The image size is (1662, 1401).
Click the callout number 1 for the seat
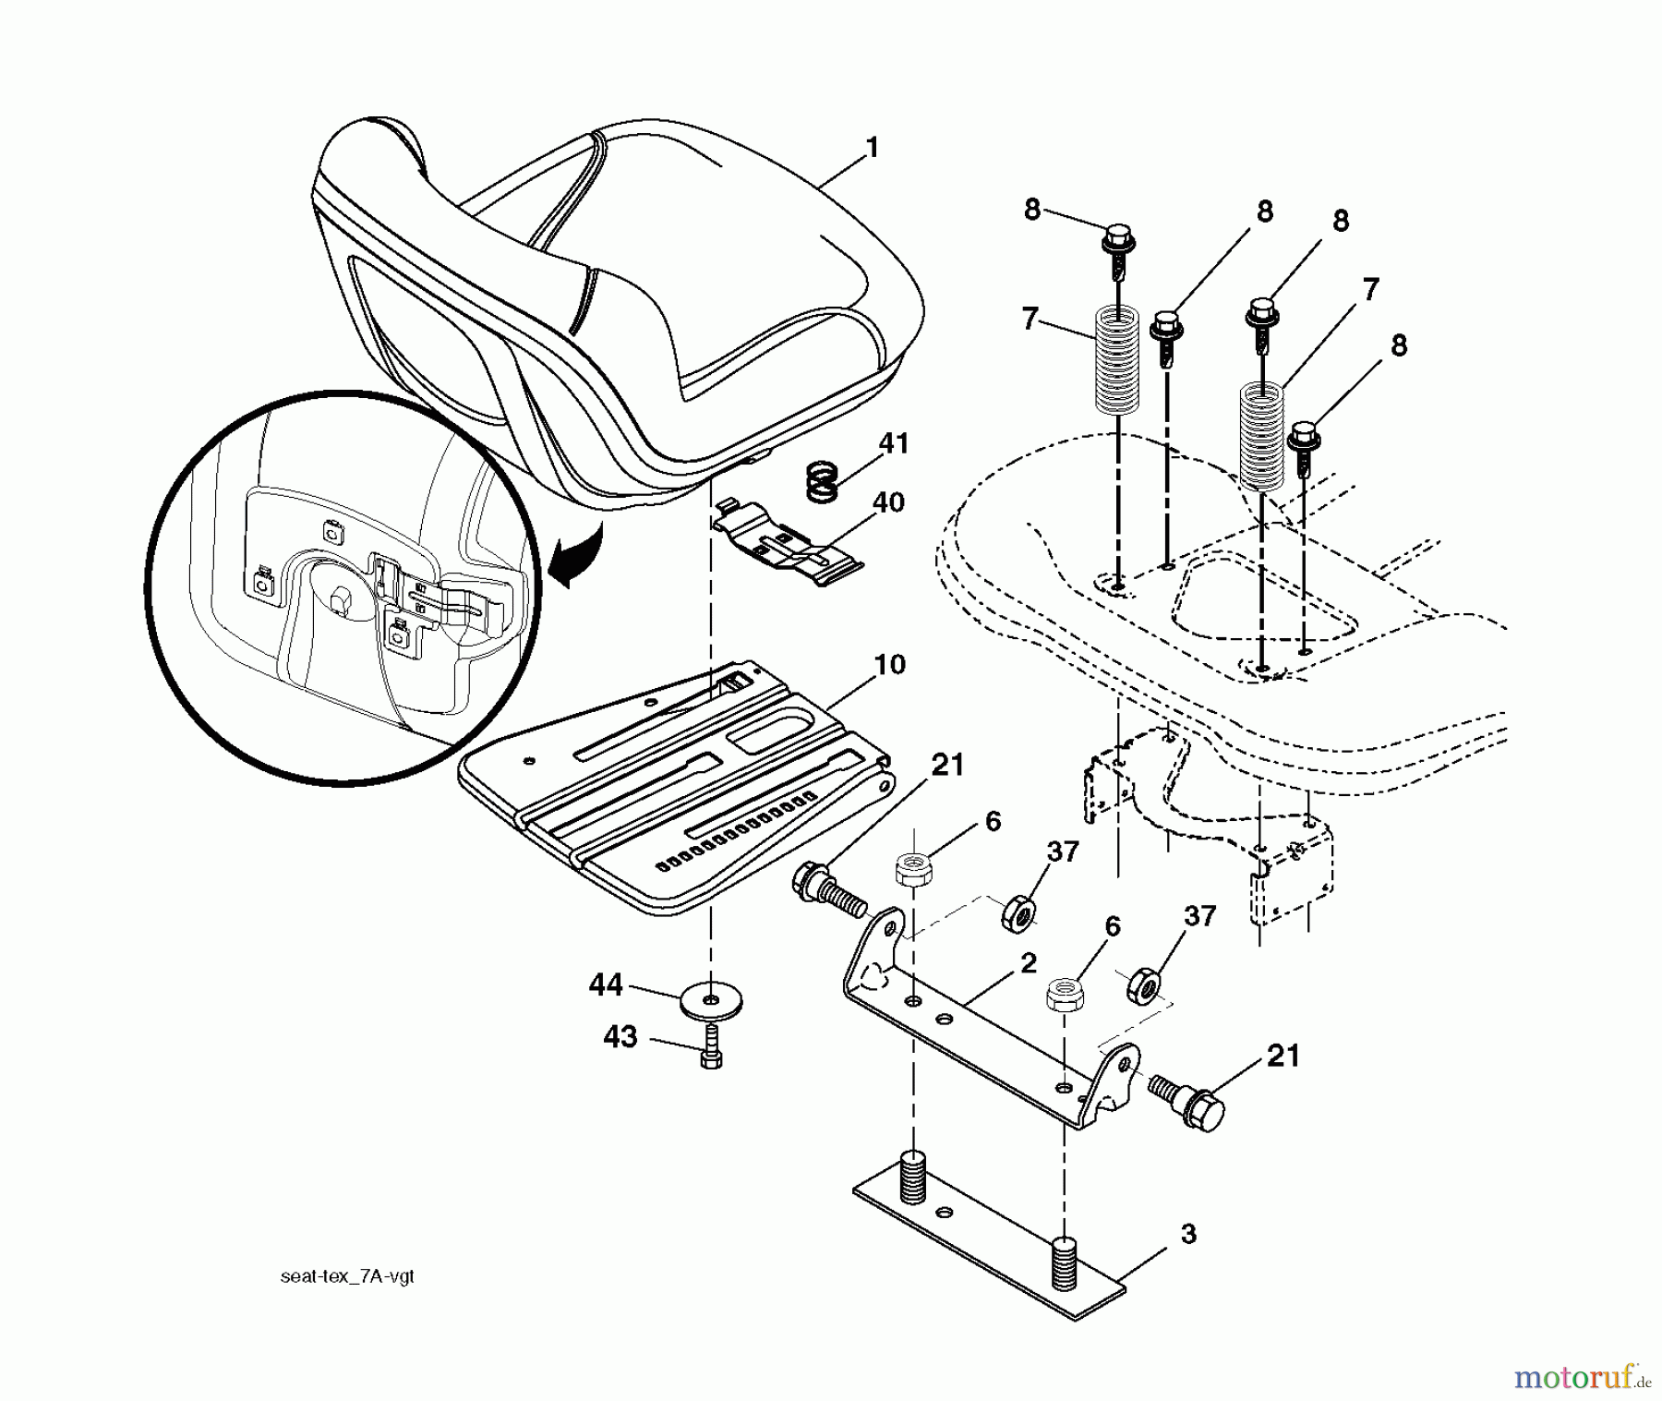tap(873, 149)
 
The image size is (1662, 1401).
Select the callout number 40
tap(888, 503)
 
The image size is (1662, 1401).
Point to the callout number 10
tap(889, 665)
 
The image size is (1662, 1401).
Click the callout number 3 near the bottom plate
tap(1188, 1235)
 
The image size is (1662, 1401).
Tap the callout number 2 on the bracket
tap(1029, 963)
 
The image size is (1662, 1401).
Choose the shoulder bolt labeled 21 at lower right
tap(1189, 1095)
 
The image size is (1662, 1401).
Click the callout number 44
tap(606, 986)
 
